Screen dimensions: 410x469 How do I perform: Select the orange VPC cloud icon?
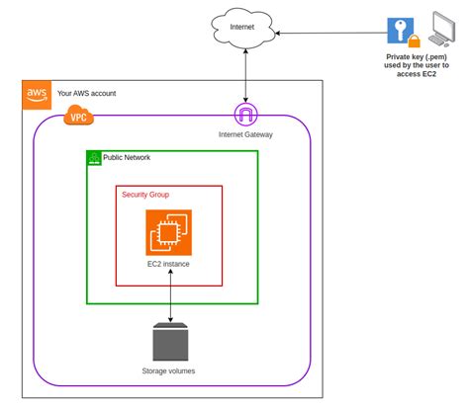click(x=78, y=118)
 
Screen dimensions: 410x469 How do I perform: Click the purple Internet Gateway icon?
click(x=245, y=115)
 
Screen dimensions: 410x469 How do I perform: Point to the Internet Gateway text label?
click(x=245, y=133)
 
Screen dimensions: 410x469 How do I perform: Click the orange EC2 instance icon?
click(x=169, y=232)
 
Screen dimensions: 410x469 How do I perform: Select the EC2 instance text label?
click(x=169, y=265)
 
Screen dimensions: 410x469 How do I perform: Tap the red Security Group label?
click(x=145, y=195)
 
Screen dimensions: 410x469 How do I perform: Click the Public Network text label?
click(x=127, y=157)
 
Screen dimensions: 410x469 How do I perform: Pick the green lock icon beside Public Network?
click(x=95, y=158)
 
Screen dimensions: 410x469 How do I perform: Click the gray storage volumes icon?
click(x=169, y=341)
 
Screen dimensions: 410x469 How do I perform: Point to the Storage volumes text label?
click(x=169, y=371)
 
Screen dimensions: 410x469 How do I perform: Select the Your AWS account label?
click(x=87, y=93)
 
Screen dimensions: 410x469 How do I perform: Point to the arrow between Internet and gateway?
click(x=245, y=74)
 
